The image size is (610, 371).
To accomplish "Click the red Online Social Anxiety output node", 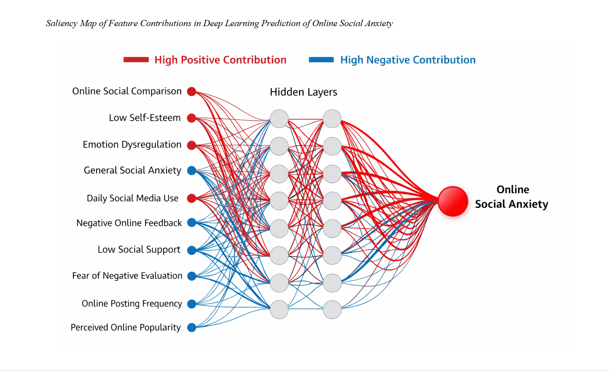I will coord(453,201).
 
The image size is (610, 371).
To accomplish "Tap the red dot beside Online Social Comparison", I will coord(191,91).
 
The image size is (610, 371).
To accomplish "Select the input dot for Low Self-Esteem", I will coord(191,118).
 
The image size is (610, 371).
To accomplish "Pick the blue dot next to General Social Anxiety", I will coord(191,171).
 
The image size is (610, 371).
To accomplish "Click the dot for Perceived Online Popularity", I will coord(191,327).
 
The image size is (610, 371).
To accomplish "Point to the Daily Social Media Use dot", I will coord(191,198).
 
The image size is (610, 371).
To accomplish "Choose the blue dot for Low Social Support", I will coord(191,250).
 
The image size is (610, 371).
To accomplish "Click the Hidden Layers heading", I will coord(303,92).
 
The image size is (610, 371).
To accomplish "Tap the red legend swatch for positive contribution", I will coord(136,60).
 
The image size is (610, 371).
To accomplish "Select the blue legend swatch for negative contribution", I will coord(321,60).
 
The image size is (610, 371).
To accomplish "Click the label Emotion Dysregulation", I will coord(132,144).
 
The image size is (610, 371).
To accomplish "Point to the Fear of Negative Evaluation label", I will coord(127,276).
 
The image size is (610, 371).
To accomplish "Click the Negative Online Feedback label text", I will coord(129,223).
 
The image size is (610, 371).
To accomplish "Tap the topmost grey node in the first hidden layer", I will coord(279,119).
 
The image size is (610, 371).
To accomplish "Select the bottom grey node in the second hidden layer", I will coord(332,310).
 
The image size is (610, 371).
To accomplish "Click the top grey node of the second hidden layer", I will coord(332,119).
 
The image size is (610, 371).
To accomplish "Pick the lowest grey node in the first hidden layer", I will coord(279,310).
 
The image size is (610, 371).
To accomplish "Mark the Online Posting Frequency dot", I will coord(191,304).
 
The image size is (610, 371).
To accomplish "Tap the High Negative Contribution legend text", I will coord(408,60).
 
